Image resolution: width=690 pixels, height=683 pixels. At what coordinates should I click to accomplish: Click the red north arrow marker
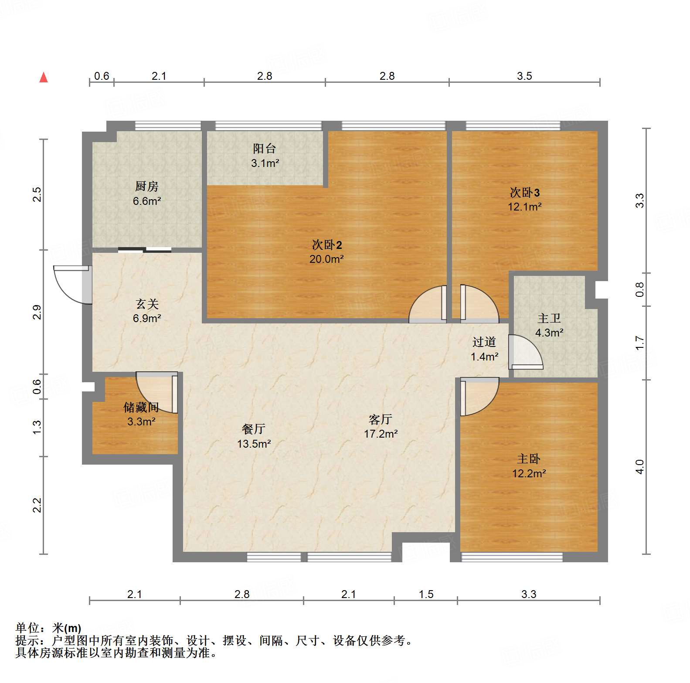44,78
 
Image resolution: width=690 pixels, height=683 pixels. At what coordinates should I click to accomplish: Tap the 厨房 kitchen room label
146,187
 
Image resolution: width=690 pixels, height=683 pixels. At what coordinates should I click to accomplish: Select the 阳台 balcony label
265,149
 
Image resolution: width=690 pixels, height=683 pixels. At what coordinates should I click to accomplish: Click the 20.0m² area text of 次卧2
326,259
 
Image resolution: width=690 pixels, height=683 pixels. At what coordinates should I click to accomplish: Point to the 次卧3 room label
525,192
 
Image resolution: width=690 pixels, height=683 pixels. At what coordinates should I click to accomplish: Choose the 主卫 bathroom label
549,318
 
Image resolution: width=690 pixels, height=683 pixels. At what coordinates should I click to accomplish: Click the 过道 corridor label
484,342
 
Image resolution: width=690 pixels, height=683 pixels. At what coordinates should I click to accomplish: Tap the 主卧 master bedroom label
529,459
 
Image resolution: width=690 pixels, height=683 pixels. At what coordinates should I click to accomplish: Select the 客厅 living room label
381,419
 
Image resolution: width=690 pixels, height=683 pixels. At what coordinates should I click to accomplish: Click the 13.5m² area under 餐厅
254,444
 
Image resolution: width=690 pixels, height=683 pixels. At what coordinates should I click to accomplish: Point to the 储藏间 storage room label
141,407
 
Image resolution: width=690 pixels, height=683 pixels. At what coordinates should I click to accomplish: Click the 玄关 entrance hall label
147,304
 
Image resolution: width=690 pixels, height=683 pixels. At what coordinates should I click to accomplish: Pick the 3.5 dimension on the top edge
524,76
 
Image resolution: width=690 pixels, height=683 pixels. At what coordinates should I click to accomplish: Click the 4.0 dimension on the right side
639,467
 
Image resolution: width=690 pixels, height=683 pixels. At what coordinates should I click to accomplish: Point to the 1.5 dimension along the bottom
426,594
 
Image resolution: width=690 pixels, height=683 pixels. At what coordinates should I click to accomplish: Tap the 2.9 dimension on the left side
37,312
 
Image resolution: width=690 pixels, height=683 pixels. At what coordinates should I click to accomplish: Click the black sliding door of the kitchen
145,250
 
